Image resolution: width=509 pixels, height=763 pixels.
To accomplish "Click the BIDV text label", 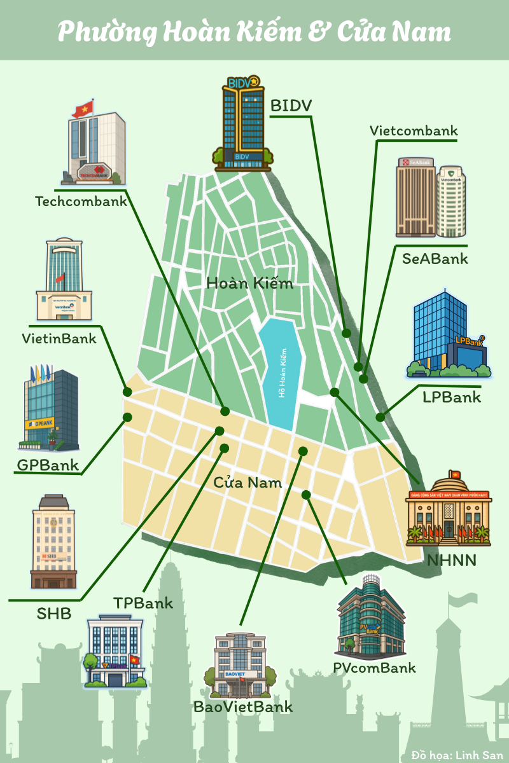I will point(291,106).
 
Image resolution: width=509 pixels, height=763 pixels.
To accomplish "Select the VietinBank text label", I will point(59,338).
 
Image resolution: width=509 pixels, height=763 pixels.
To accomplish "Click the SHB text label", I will point(54,614).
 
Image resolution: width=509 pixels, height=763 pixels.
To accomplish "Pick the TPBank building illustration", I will point(115,652).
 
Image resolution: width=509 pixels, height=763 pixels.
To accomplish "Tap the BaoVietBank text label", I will point(243,706).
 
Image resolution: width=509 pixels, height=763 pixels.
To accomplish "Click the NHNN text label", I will point(452,560).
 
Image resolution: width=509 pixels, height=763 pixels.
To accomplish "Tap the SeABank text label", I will point(435,259).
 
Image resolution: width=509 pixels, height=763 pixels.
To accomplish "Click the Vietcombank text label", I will point(414,131).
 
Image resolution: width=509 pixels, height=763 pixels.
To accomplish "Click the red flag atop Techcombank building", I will point(83,109).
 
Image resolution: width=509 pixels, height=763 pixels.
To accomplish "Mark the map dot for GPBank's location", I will point(127,417).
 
